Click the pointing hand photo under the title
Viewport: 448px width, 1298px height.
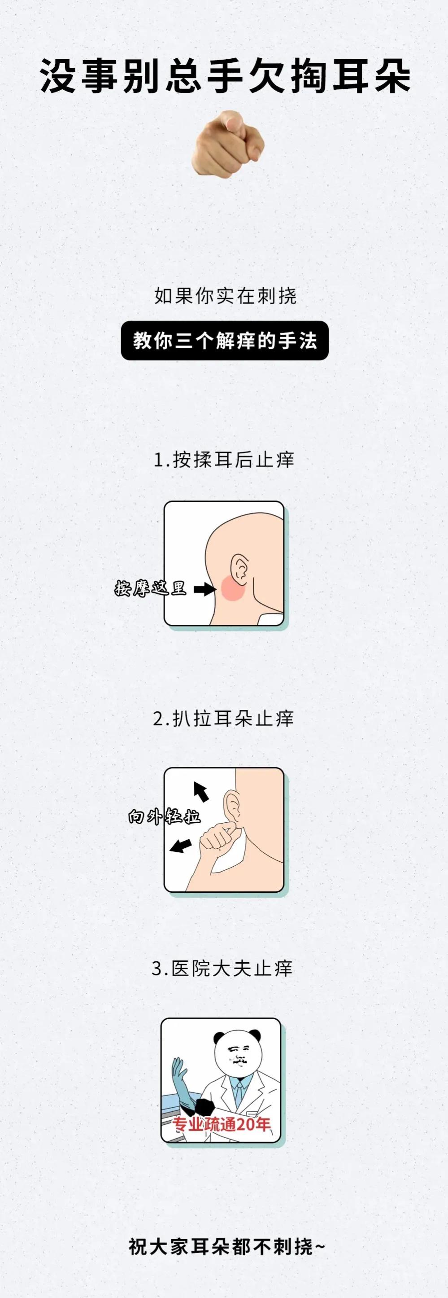[228, 144]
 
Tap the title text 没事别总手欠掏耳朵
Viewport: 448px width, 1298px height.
[225, 76]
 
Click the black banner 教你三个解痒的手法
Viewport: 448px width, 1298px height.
[225, 341]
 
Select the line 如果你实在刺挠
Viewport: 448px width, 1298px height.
[225, 296]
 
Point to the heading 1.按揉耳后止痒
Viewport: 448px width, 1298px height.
[224, 460]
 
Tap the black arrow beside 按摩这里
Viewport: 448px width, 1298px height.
[204, 588]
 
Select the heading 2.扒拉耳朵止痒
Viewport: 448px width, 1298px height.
[223, 718]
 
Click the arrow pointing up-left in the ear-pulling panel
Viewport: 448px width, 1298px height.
[201, 791]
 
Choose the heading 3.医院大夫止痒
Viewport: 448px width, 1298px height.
[222, 968]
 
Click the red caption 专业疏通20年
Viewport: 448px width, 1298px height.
[222, 1124]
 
